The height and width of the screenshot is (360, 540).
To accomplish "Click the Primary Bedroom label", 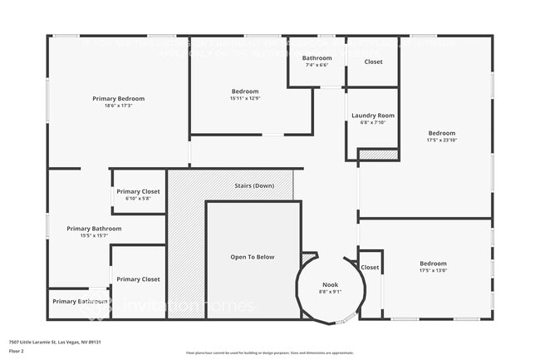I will [x=119, y=98].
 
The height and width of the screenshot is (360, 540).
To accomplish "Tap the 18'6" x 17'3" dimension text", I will [x=119, y=106].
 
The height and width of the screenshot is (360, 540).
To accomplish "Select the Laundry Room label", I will [x=372, y=116].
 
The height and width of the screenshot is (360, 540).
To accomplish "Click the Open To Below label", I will [x=252, y=257].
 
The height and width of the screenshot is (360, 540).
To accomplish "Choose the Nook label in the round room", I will [x=331, y=284].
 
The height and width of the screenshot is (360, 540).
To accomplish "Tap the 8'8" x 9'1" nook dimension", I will [x=331, y=292].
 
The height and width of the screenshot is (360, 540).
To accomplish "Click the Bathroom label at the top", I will [x=317, y=58].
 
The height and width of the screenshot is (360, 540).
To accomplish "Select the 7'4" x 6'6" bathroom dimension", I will [x=317, y=65].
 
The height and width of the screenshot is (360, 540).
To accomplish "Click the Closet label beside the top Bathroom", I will [x=373, y=62].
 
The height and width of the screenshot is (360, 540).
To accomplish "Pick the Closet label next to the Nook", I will [x=370, y=268].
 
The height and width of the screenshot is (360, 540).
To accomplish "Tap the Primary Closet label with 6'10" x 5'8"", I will [x=138, y=191].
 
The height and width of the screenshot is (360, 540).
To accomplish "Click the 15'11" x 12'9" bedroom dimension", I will [x=244, y=98].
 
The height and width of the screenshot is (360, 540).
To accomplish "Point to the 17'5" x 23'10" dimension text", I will [x=441, y=141].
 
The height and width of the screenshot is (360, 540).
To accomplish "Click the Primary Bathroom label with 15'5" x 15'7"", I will [x=94, y=229].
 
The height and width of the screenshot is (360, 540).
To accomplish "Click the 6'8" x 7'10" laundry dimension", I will [x=372, y=123].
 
